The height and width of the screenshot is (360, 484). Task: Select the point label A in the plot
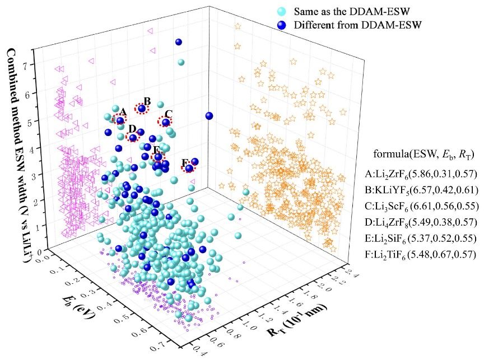pos(123,112)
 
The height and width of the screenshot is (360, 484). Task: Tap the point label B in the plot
pos(147,101)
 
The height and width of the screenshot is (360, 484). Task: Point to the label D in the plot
pos(132,128)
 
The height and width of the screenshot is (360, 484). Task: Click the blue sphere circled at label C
pos(166,122)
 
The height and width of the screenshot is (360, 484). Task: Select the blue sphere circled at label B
pos(142,109)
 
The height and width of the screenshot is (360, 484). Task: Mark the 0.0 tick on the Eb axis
pos(44,255)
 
